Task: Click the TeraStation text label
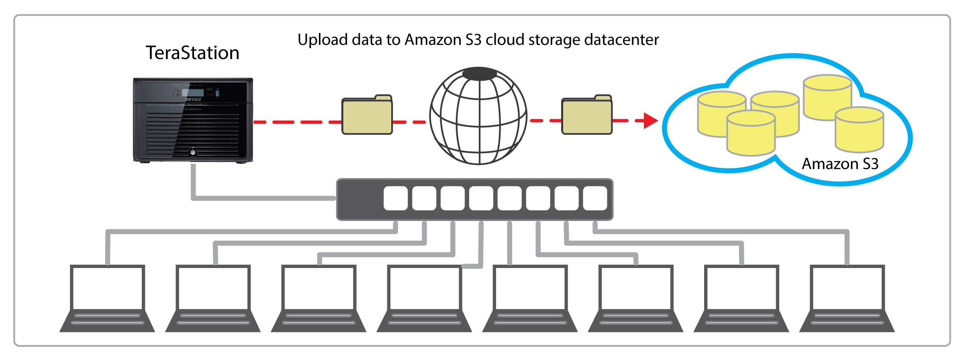pyautogui.click(x=192, y=53)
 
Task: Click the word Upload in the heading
pyautogui.click(x=323, y=40)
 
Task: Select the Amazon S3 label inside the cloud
pyautogui.click(x=840, y=164)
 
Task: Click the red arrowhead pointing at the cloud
pyautogui.click(x=650, y=121)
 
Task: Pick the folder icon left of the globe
pyautogui.click(x=367, y=115)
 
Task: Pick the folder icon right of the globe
pyautogui.click(x=586, y=115)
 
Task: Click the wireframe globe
pyautogui.click(x=478, y=117)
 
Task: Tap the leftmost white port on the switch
pyautogui.click(x=396, y=198)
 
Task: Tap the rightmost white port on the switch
pyautogui.click(x=595, y=198)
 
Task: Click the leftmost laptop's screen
pyautogui.click(x=107, y=288)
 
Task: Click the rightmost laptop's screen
pyautogui.click(x=847, y=288)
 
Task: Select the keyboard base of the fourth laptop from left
pyautogui.click(x=424, y=321)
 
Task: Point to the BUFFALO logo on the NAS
pyautogui.click(x=193, y=99)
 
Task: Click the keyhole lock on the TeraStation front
pyautogui.click(x=193, y=152)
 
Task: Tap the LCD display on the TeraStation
pyautogui.click(x=193, y=92)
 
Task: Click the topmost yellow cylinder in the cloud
pyautogui.click(x=827, y=96)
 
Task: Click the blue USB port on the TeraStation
pyautogui.click(x=218, y=93)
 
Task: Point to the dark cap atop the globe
pyautogui.click(x=479, y=74)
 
